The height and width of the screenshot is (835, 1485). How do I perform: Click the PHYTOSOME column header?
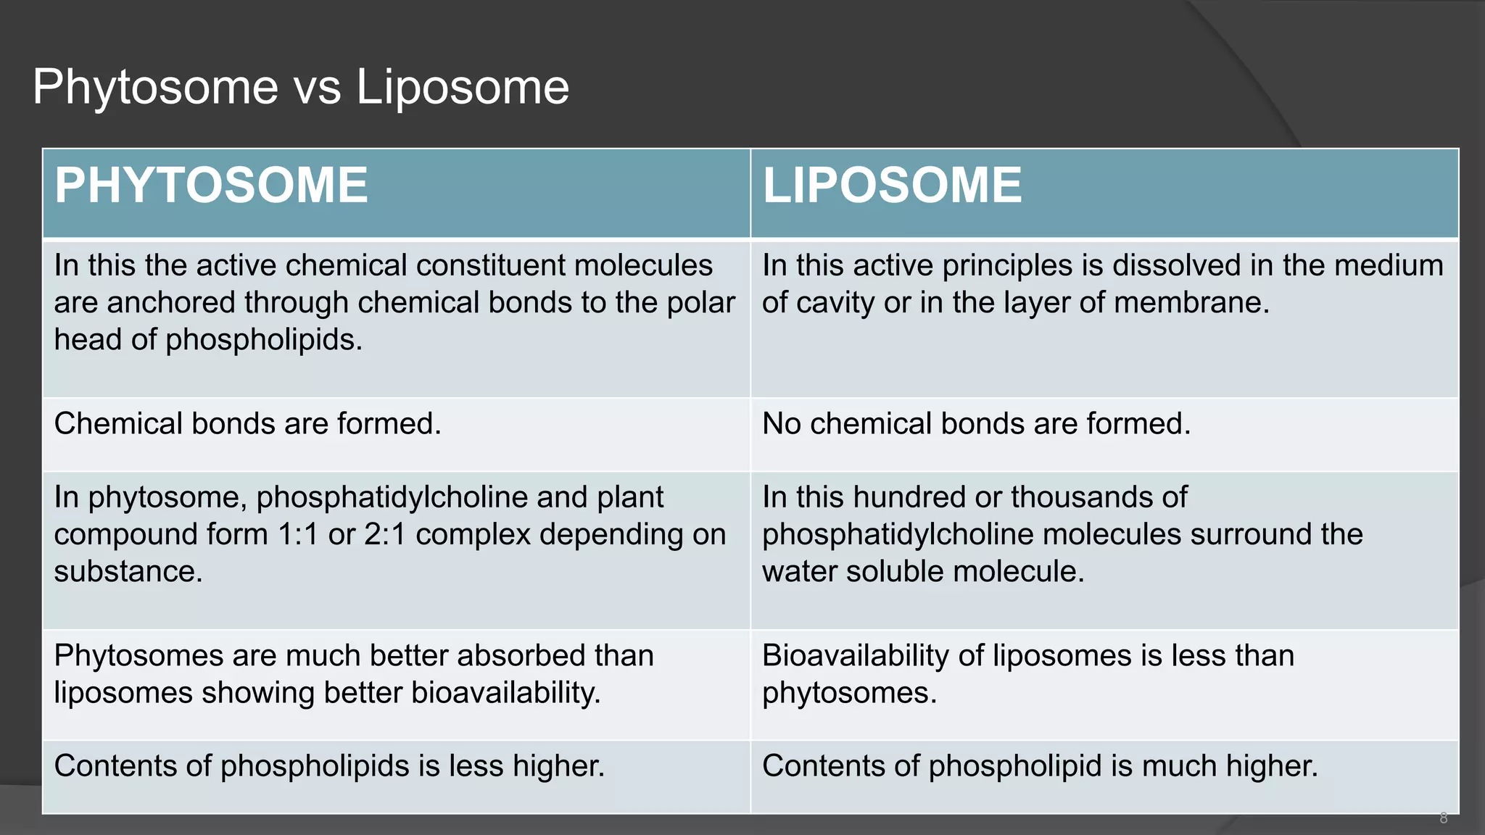[211, 186]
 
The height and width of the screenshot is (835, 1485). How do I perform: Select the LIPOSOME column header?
[892, 186]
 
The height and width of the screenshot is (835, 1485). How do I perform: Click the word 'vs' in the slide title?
[317, 88]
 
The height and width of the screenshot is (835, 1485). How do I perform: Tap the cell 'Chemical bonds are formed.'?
[247, 424]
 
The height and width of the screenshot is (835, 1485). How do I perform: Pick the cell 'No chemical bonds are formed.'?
[976, 424]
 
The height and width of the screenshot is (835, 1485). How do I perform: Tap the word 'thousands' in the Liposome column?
[1099, 498]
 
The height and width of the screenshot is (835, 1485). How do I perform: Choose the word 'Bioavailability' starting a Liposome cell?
[855, 656]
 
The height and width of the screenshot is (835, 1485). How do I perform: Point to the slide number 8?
[1443, 818]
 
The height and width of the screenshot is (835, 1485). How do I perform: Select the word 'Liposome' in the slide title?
[462, 88]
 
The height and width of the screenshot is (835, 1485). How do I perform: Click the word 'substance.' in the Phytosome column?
[128, 572]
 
